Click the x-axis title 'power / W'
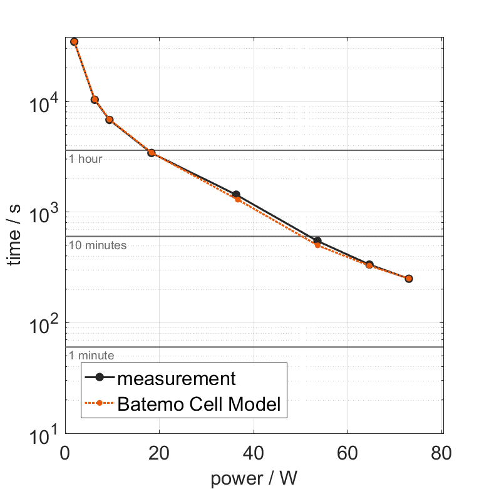click(254, 478)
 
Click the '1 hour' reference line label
click(85, 159)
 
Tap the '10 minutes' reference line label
click(98, 245)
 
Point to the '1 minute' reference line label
click(91, 356)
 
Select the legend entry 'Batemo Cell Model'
click(200, 404)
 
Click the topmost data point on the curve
click(75, 42)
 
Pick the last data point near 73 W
click(408, 279)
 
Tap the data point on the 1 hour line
click(152, 152)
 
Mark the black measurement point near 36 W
click(236, 195)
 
